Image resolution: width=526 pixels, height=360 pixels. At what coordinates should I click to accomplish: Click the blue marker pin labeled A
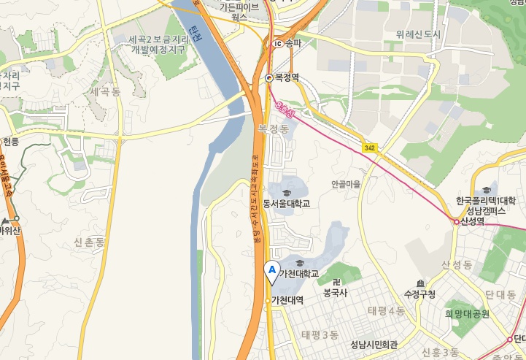point(272,271)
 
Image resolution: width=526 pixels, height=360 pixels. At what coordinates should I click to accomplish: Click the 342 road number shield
point(370,148)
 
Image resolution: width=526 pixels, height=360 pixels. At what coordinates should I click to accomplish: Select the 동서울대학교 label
point(287,203)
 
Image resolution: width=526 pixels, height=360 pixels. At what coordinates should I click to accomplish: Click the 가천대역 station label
point(287,299)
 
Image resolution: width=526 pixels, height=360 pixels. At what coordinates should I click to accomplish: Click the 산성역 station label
point(473,222)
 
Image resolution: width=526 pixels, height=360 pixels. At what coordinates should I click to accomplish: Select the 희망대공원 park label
point(468,314)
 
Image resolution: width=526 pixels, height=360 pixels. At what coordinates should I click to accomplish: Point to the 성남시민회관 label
point(374,345)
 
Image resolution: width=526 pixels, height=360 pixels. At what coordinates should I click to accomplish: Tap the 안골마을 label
point(346,184)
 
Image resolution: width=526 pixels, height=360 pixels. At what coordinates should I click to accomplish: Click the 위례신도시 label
point(419,34)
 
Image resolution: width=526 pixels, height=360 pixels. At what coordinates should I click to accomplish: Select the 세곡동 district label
point(106,91)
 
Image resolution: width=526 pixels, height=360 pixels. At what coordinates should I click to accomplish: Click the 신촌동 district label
point(90,241)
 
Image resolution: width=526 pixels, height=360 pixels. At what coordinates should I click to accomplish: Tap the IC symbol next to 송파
point(277,44)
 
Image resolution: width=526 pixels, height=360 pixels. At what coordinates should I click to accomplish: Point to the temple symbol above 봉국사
point(336,281)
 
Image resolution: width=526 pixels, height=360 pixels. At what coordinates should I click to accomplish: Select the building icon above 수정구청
point(419,283)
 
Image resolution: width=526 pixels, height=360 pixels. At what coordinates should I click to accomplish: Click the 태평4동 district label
point(386,311)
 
